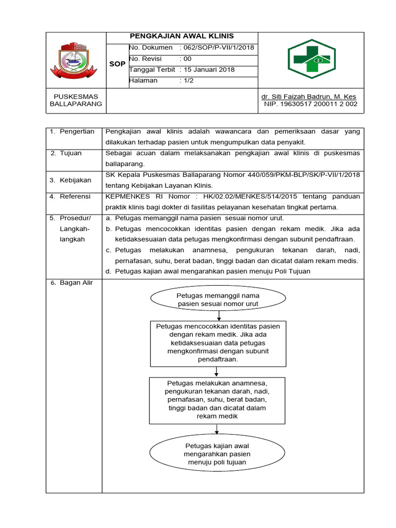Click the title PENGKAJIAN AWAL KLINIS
click(x=181, y=36)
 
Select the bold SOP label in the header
click(x=118, y=64)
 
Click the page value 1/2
click(x=188, y=81)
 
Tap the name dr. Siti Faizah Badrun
click(x=308, y=96)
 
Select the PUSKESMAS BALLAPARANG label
click(x=76, y=100)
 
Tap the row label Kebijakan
click(x=77, y=180)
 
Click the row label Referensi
click(x=76, y=196)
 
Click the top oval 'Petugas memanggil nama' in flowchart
click(x=218, y=300)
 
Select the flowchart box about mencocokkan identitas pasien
click(x=218, y=343)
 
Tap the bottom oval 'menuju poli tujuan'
click(x=217, y=454)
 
